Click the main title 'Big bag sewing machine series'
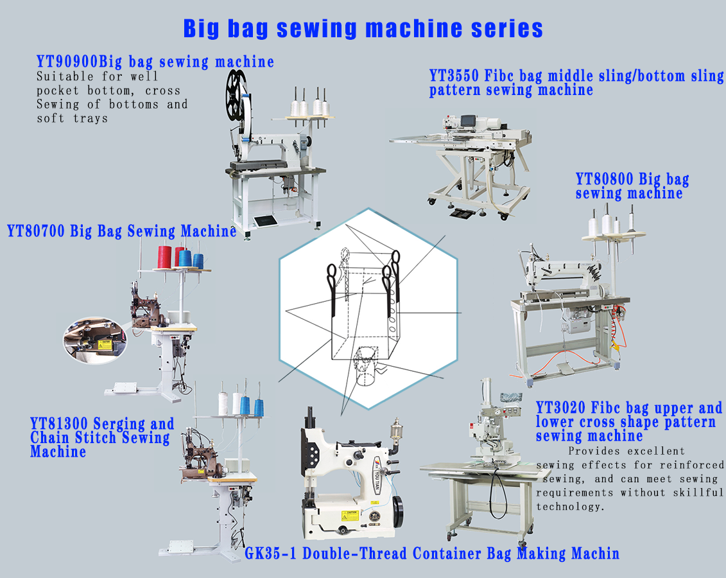[x=363, y=29]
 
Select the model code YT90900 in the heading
[x=67, y=61]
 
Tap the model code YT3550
[x=454, y=76]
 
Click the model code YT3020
[x=560, y=408]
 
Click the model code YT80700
[x=36, y=231]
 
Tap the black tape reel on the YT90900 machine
[x=236, y=96]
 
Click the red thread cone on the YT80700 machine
[x=164, y=257]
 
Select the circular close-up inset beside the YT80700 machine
[x=95, y=340]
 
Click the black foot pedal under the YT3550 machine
[x=461, y=213]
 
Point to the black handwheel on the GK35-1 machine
[x=397, y=512]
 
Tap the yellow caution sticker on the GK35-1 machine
[x=350, y=516]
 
